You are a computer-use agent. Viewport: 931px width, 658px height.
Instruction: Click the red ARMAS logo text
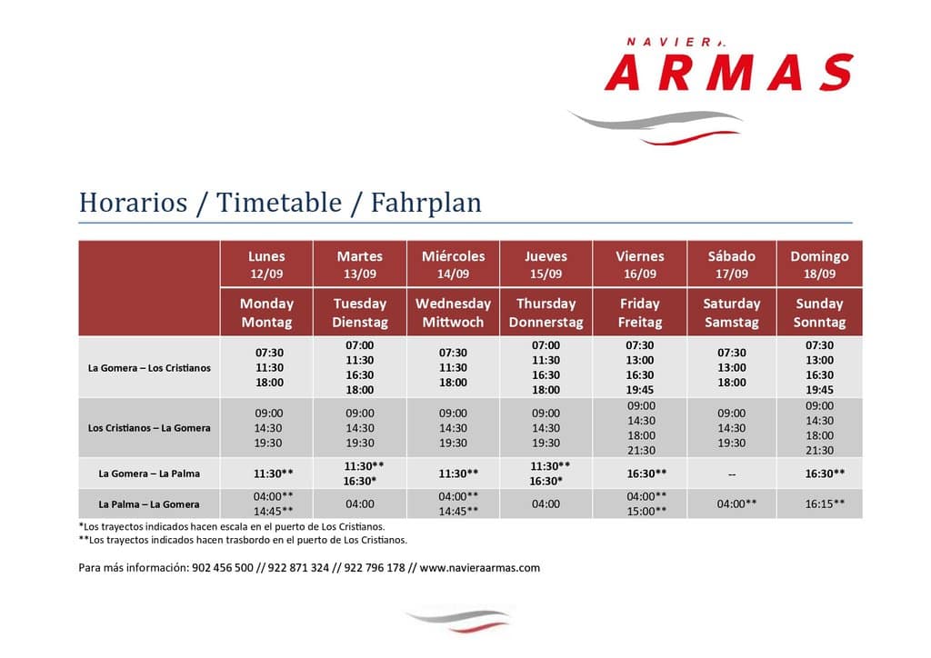(x=729, y=72)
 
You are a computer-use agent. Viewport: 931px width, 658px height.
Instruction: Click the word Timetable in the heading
(x=279, y=203)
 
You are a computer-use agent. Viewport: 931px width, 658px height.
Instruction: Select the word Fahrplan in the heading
(x=425, y=204)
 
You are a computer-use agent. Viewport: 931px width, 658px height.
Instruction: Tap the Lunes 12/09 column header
(x=266, y=264)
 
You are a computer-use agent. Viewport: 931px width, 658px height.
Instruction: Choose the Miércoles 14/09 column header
(x=453, y=264)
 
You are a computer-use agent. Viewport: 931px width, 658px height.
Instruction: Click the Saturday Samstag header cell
(x=732, y=313)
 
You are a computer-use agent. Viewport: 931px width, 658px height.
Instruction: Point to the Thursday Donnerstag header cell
(x=546, y=313)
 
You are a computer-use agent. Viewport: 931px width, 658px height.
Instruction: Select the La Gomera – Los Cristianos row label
(x=149, y=368)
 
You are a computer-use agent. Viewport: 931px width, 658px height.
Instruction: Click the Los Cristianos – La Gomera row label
(x=149, y=428)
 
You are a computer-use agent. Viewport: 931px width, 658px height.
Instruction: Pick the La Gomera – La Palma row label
(x=149, y=474)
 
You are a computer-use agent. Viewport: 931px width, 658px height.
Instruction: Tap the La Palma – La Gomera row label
(x=149, y=504)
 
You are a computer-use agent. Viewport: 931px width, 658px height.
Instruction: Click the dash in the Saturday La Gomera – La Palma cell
(x=732, y=474)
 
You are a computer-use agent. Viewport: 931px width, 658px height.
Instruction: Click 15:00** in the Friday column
(x=646, y=511)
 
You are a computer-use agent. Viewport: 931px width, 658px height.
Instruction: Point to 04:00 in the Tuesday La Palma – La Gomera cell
(x=360, y=503)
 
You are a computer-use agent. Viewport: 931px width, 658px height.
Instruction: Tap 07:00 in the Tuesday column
(x=360, y=345)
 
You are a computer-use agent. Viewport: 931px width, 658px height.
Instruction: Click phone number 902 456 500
(x=223, y=568)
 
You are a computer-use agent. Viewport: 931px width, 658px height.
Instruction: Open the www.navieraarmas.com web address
(x=480, y=568)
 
